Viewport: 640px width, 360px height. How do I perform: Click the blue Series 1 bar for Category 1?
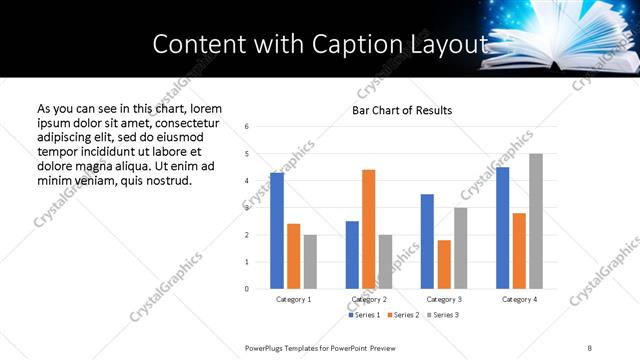tap(277, 231)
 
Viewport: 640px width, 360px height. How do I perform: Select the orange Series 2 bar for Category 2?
tap(368, 229)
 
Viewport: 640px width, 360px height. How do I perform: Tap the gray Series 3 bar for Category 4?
tap(536, 221)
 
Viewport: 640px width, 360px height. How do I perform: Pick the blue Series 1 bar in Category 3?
tap(427, 241)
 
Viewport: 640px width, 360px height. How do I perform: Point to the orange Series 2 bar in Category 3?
tap(444, 264)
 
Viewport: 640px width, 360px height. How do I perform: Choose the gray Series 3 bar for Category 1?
tap(310, 262)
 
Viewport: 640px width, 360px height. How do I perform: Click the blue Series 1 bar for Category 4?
tap(502, 228)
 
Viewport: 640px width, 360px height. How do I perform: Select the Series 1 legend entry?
tap(364, 315)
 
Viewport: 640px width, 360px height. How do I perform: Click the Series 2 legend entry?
tap(402, 315)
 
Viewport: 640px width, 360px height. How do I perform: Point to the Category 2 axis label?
tap(368, 299)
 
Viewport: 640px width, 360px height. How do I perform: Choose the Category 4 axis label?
tap(519, 299)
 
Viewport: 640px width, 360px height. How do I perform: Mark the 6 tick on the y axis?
tap(247, 126)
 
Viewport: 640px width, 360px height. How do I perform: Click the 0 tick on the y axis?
tap(247, 289)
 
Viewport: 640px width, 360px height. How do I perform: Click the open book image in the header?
tap(555, 45)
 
